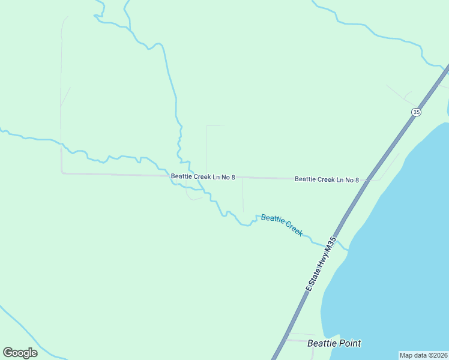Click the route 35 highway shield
point(417,112)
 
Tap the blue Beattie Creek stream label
point(282,224)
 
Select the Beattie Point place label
point(334,344)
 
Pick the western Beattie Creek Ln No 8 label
point(203,177)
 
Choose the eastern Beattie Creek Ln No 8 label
point(327,179)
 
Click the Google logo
point(20,352)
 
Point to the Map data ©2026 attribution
point(423,355)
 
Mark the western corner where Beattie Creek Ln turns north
point(62,173)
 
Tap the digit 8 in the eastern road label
point(357,179)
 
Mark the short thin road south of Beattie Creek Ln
point(243,196)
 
